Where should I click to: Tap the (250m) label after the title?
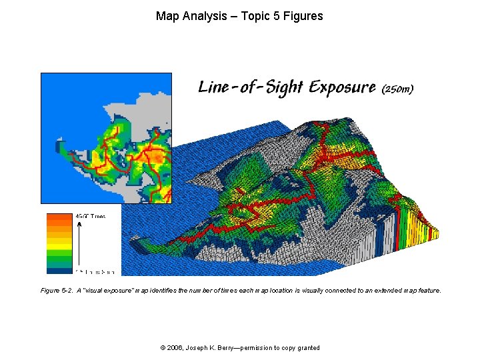point(397,89)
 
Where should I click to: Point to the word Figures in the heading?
point(303,15)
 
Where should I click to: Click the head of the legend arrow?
point(80,225)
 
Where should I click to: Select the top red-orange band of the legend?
point(59,217)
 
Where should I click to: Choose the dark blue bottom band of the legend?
point(59,270)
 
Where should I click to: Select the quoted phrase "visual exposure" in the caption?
point(100,291)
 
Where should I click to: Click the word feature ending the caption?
point(429,291)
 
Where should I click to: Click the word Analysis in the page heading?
point(203,15)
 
